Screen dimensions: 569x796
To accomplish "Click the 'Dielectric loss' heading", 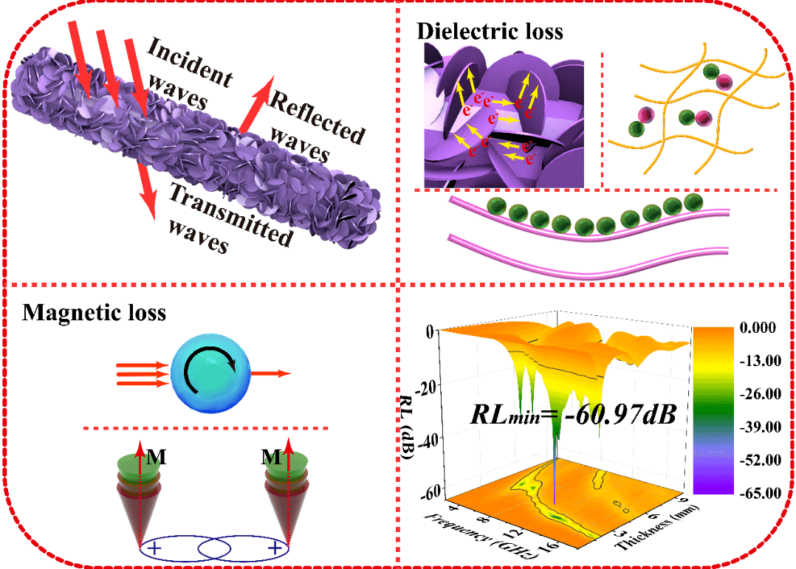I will click(490, 31).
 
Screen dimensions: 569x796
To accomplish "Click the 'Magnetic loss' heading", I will click(94, 313).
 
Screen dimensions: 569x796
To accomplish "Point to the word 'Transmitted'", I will click(230, 214).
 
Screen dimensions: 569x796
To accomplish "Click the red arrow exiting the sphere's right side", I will click(270, 374).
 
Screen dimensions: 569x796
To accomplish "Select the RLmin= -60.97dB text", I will click(573, 414).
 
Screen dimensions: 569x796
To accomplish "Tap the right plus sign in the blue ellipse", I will click(275, 548).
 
